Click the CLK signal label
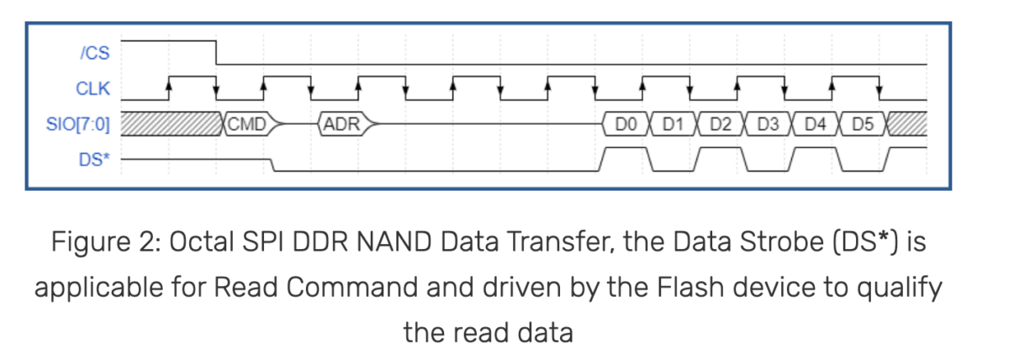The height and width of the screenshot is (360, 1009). [x=94, y=88]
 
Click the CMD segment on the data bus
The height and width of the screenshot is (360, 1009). [x=247, y=124]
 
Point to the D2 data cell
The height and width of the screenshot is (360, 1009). [x=720, y=124]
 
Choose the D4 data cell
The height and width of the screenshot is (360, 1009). [x=815, y=124]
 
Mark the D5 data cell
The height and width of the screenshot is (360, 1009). [x=862, y=124]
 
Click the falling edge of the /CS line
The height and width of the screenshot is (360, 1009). [x=217, y=51]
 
